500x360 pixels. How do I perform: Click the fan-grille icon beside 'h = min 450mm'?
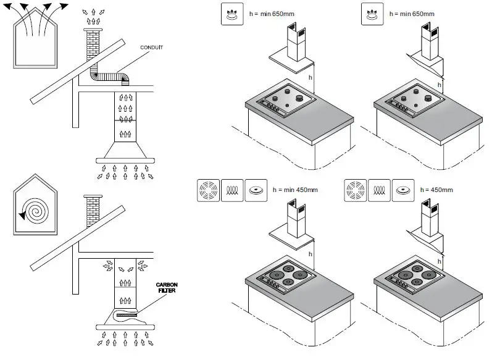[x=207, y=190]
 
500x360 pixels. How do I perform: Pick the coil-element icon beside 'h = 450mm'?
[x=380, y=190]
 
